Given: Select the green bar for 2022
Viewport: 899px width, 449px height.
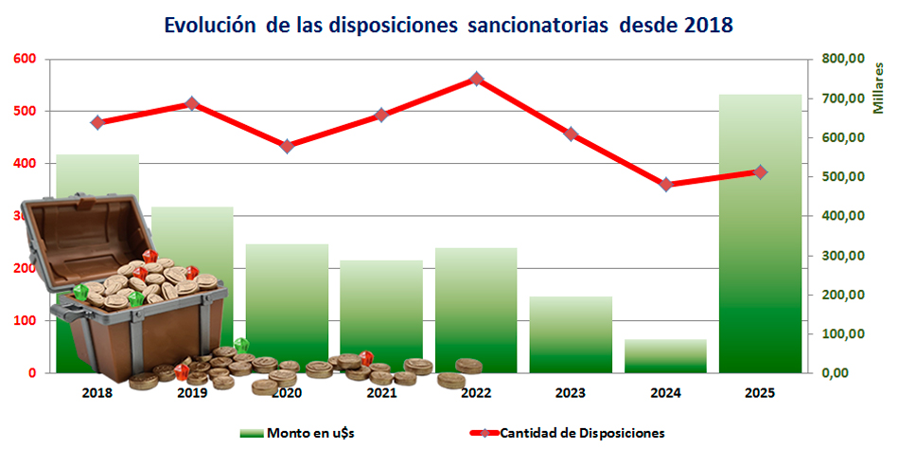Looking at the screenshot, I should click(x=476, y=303).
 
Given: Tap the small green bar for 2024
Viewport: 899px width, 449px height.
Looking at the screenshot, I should click(x=665, y=355).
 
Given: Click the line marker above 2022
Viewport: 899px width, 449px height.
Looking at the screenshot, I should click(x=477, y=80).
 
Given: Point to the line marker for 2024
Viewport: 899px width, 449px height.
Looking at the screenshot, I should click(x=666, y=185).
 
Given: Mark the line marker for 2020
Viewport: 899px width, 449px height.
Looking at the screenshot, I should click(x=288, y=146).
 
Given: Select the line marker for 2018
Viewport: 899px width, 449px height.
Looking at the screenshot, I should click(x=97, y=122).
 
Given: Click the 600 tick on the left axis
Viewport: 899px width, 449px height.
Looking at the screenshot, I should click(x=24, y=59).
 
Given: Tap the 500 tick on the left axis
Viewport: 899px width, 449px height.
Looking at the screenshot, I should click(x=24, y=111).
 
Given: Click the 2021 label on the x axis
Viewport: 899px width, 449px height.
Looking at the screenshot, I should click(x=381, y=391).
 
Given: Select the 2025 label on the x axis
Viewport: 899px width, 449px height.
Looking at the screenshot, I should click(x=760, y=391).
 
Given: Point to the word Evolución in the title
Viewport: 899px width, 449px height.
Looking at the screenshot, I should click(x=210, y=26).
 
